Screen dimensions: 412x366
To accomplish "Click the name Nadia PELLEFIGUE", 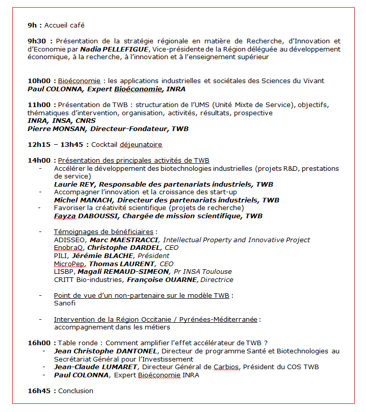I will coord(114,49).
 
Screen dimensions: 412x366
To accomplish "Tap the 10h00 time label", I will coord(39,81).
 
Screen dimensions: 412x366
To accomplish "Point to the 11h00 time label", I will coord(39,105).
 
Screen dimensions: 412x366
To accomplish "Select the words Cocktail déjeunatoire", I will coord(126,145).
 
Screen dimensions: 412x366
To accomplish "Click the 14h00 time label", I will coord(39,161).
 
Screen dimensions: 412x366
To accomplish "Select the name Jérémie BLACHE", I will coord(102,255).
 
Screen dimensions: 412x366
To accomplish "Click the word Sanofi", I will coord(65,303).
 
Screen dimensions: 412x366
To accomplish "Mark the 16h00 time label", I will coord(39,343).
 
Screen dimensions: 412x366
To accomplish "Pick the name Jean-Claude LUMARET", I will coord(96,367).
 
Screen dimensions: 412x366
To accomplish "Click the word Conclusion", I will coord(76,391).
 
